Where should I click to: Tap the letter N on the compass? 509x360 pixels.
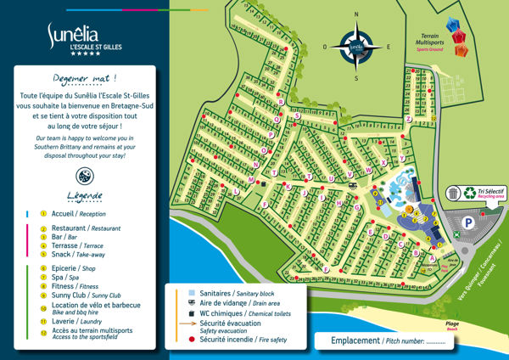point(357,14)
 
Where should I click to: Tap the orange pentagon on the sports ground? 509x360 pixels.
point(461,50)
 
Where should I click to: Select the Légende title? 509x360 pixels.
point(86,196)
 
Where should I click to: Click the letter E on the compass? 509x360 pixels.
point(389,47)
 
